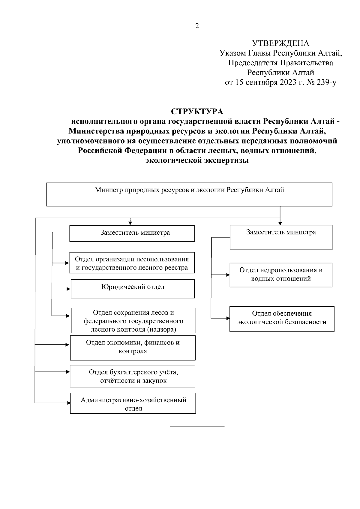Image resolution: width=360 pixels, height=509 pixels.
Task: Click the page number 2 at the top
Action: [x=197, y=26]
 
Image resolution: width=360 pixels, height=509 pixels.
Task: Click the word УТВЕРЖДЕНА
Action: [x=280, y=43]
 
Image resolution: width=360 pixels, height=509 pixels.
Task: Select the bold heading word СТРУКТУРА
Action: [x=197, y=112]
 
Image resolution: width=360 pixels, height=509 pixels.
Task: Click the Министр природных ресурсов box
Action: [x=189, y=194]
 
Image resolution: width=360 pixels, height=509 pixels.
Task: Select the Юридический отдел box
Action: [x=133, y=289]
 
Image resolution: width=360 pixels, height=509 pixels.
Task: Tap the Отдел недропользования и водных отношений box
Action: [x=281, y=275]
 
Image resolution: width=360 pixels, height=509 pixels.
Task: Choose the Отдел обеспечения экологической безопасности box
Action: [x=282, y=319]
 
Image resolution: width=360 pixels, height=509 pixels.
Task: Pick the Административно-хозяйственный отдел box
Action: [x=133, y=403]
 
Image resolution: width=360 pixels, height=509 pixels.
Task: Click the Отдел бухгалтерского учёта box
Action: [x=133, y=376]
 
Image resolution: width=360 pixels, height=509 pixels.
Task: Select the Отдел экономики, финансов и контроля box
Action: [x=133, y=347]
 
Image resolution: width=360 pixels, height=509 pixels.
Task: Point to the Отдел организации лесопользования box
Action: [x=132, y=263]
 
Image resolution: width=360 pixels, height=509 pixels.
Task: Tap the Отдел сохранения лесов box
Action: [x=133, y=320]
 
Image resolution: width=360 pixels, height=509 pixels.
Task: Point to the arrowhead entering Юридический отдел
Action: [x=69, y=289]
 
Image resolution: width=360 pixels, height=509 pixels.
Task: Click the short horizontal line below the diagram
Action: [x=197, y=426]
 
